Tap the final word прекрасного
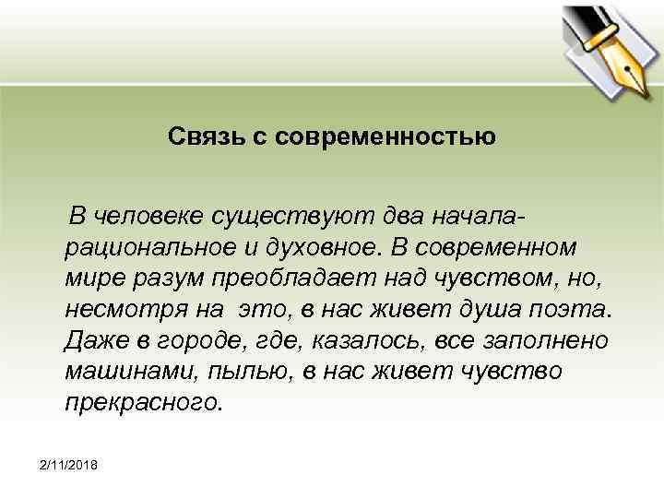(x=143, y=401)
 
